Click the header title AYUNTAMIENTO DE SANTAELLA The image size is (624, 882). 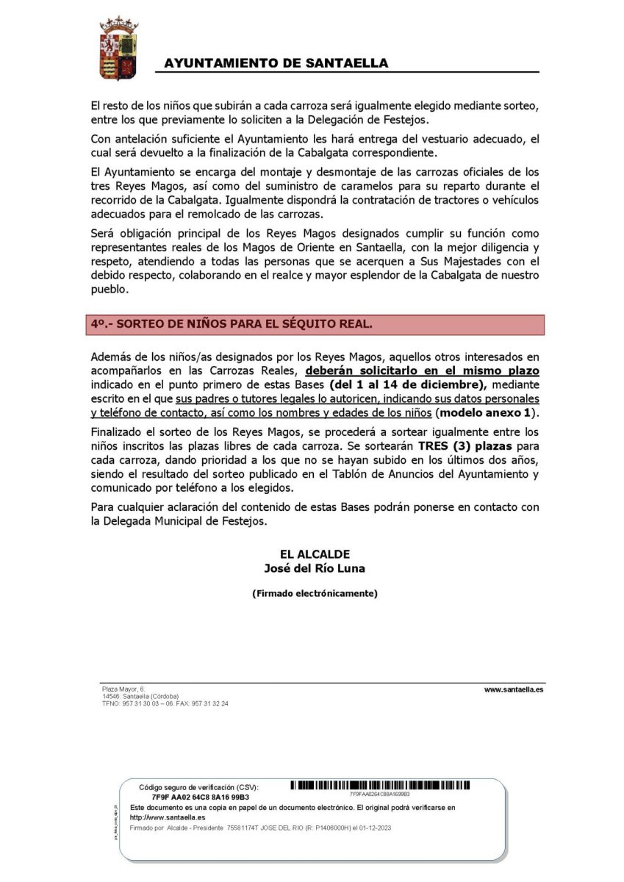[x=276, y=64]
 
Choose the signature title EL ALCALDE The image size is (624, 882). [x=315, y=554]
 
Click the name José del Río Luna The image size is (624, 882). [x=315, y=568]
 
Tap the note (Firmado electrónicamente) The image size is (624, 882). [x=315, y=593]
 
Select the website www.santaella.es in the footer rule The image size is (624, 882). [x=514, y=690]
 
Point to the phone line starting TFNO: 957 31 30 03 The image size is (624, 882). [x=165, y=703]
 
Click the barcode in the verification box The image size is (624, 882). [x=380, y=786]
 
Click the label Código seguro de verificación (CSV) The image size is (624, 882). [x=198, y=787]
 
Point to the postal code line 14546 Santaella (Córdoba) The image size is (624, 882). [x=140, y=696]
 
